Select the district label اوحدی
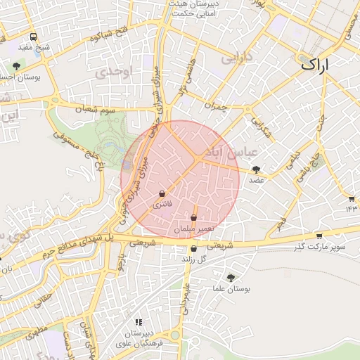[116, 72]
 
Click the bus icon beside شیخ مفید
[34, 37]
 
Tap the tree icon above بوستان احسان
[16, 66]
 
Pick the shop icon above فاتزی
[162, 193]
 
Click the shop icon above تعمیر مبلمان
[193, 219]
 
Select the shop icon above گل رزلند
[193, 248]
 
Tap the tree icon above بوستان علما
[231, 278]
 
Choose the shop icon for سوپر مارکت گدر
[319, 236]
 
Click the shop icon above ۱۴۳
[352, 199]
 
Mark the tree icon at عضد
[256, 169]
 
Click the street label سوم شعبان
[97, 109]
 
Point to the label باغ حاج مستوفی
[67, 144]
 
